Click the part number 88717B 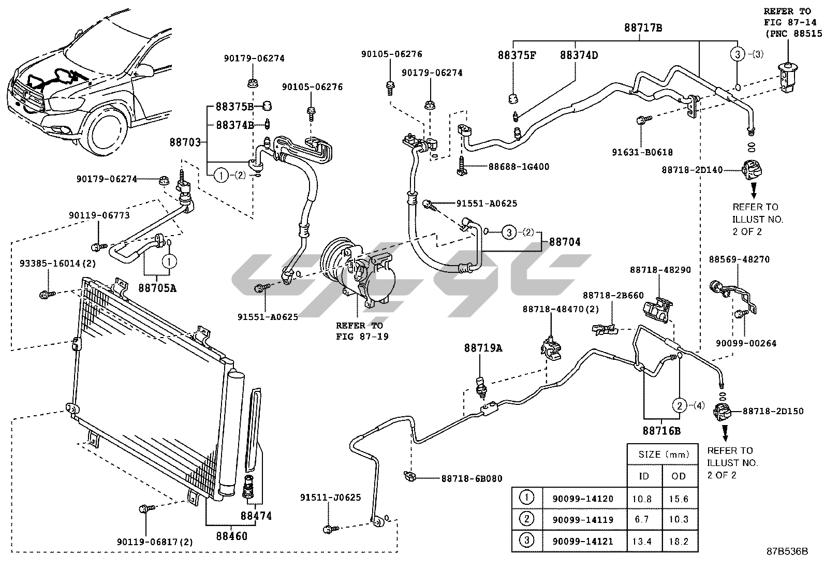643,28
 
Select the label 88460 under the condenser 231,536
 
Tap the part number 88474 256,516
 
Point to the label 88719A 482,348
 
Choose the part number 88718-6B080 472,479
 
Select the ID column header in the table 644,476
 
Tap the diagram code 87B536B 787,551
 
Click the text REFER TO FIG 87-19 359,331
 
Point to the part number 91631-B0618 642,153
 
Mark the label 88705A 157,288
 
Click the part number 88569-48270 739,259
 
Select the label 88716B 661,430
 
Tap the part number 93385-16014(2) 58,263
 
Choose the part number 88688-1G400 519,167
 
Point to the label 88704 565,242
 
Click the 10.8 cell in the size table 644,499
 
